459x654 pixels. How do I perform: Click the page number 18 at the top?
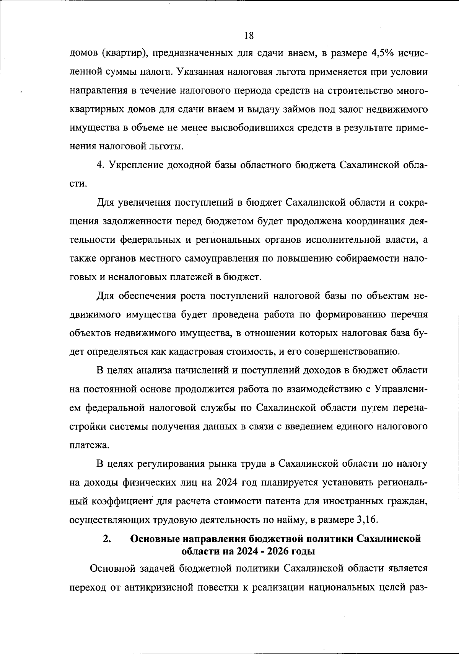click(249, 36)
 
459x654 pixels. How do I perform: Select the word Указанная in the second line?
click(199, 72)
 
